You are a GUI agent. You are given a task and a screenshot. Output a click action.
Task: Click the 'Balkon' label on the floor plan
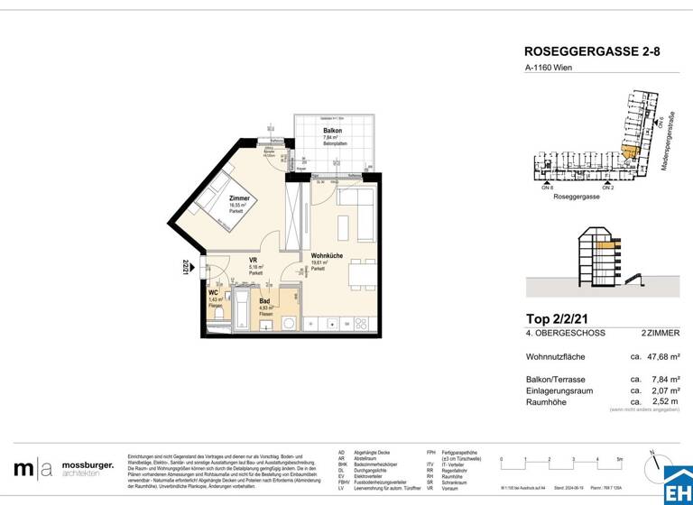point(332,131)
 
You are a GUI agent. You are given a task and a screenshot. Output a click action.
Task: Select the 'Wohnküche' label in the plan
point(327,256)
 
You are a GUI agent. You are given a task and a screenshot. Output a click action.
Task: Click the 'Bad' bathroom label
point(264,301)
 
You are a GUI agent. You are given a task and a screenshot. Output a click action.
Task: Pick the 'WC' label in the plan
point(213,293)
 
